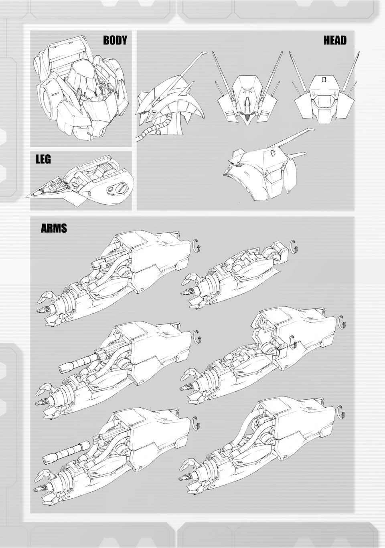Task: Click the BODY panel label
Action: (115, 40)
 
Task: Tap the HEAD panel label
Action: (335, 40)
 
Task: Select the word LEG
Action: (43, 159)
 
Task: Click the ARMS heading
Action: (54, 228)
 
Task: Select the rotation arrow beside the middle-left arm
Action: (197, 338)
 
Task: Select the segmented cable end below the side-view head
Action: (139, 138)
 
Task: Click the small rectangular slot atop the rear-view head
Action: (324, 79)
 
